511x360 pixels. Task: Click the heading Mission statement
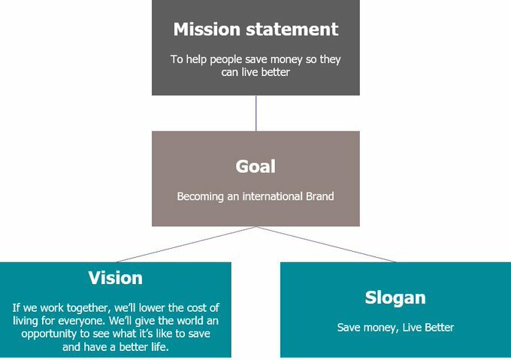255,29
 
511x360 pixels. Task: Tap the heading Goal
255,166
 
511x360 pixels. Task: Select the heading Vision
116,278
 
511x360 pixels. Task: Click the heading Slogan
395,298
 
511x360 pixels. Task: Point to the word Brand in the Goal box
319,196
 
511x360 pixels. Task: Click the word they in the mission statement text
330,60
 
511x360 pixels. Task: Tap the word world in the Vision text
190,321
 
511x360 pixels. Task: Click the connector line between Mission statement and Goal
255,113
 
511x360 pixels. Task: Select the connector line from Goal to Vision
186,244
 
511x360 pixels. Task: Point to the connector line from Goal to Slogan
326,244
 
